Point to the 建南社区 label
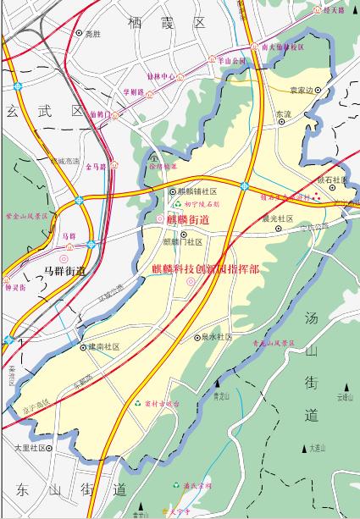pyautogui.click(x=104, y=346)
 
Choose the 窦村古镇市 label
pyautogui.click(x=162, y=404)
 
